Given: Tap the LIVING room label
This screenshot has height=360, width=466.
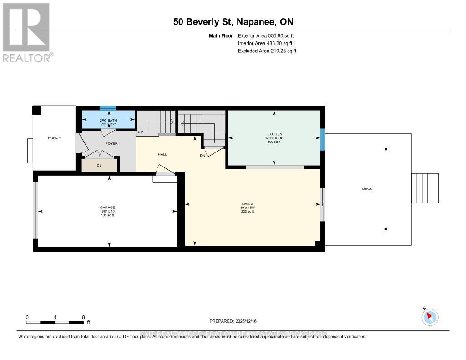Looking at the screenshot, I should (248, 204).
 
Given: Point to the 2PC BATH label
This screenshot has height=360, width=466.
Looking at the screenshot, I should (108, 120).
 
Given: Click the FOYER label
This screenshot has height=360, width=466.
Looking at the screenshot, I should (111, 143).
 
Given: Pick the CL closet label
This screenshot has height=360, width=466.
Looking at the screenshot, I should (99, 166).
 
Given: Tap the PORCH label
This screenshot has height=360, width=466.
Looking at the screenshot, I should (55, 138).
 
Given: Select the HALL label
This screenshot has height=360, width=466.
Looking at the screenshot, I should (162, 154).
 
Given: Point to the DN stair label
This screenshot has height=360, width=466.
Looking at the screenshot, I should (203, 155).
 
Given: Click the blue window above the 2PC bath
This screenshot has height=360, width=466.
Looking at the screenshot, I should (108, 108).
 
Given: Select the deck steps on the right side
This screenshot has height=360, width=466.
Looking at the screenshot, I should (425, 188).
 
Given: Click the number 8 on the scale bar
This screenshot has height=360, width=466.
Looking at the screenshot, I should (83, 317).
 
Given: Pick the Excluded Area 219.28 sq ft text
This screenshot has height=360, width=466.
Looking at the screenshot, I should (267, 51).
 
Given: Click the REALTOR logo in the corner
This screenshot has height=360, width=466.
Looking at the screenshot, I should (26, 32).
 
